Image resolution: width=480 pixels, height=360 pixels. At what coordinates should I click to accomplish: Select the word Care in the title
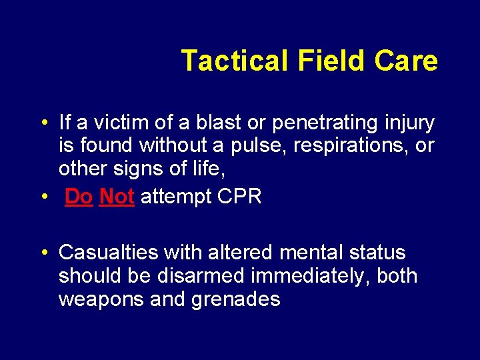(x=406, y=61)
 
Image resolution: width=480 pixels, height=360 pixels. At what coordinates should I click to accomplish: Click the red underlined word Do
(x=79, y=197)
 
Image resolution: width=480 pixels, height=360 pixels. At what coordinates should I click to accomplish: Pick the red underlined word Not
(x=117, y=197)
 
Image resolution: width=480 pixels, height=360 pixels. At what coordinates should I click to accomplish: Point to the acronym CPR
(x=238, y=197)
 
